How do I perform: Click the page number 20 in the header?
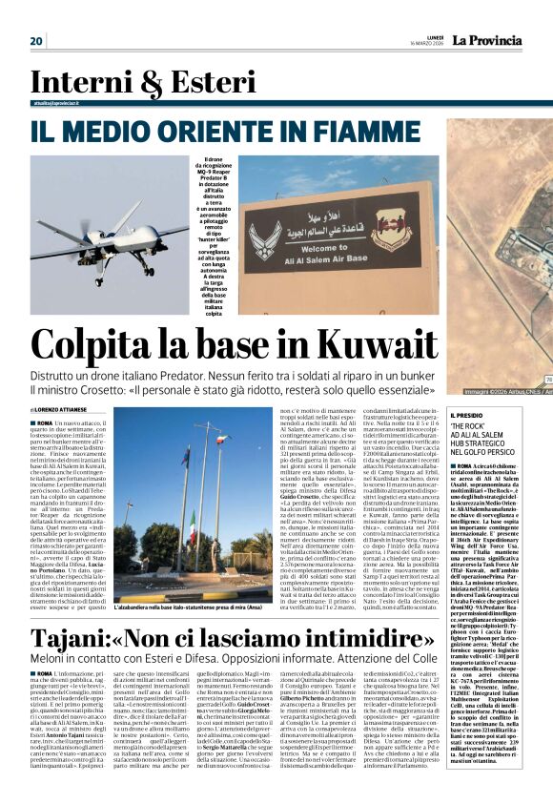(x=36, y=40)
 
